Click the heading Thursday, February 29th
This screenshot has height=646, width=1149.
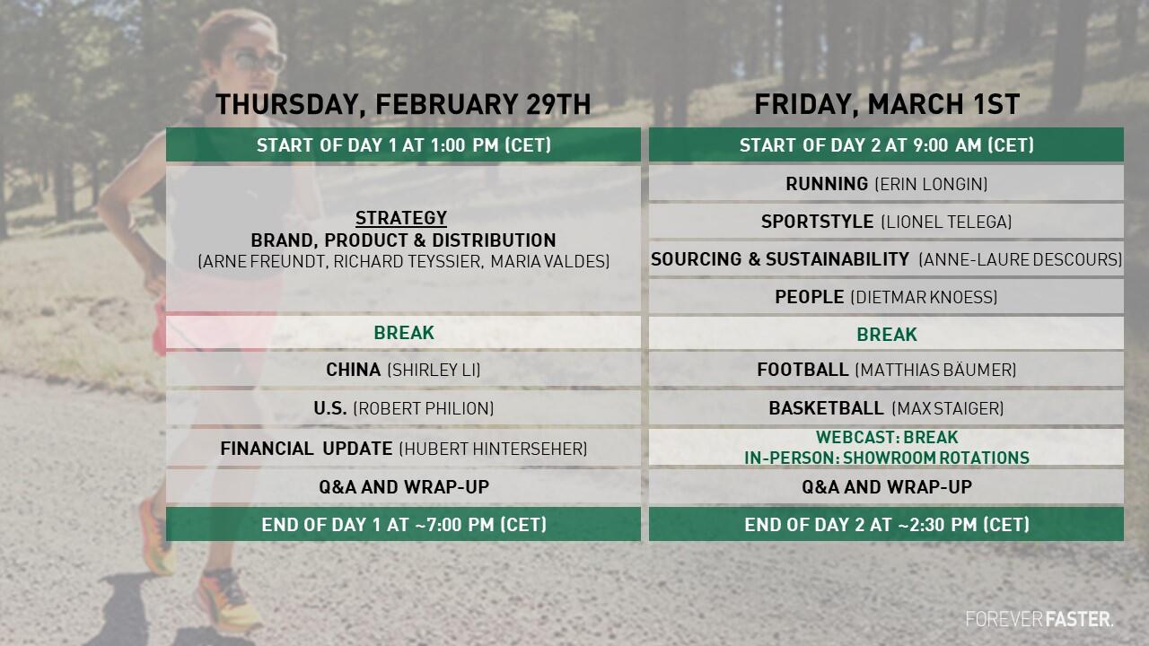click(403, 104)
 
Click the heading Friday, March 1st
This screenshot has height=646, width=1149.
click(887, 104)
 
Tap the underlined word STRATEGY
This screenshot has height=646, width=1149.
click(401, 218)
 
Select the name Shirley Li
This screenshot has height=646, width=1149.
click(434, 370)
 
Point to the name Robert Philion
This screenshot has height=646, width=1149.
click(424, 408)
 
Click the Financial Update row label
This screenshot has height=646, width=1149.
click(306, 449)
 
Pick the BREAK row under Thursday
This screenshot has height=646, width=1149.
click(403, 333)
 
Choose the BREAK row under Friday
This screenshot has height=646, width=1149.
click(886, 334)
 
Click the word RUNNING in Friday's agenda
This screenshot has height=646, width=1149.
click(827, 184)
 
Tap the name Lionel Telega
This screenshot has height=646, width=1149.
click(946, 222)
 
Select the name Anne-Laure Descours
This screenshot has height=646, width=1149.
click(1021, 259)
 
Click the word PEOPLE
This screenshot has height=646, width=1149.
click(810, 297)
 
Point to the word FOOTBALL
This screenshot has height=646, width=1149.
click(803, 370)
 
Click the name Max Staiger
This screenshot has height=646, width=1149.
click(948, 408)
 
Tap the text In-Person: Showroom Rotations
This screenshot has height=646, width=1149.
click(887, 458)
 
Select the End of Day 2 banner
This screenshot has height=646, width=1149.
click(886, 524)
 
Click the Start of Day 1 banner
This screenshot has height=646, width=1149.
click(403, 145)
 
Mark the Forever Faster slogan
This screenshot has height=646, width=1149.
click(1039, 619)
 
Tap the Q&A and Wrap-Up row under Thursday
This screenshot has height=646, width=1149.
click(403, 486)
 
